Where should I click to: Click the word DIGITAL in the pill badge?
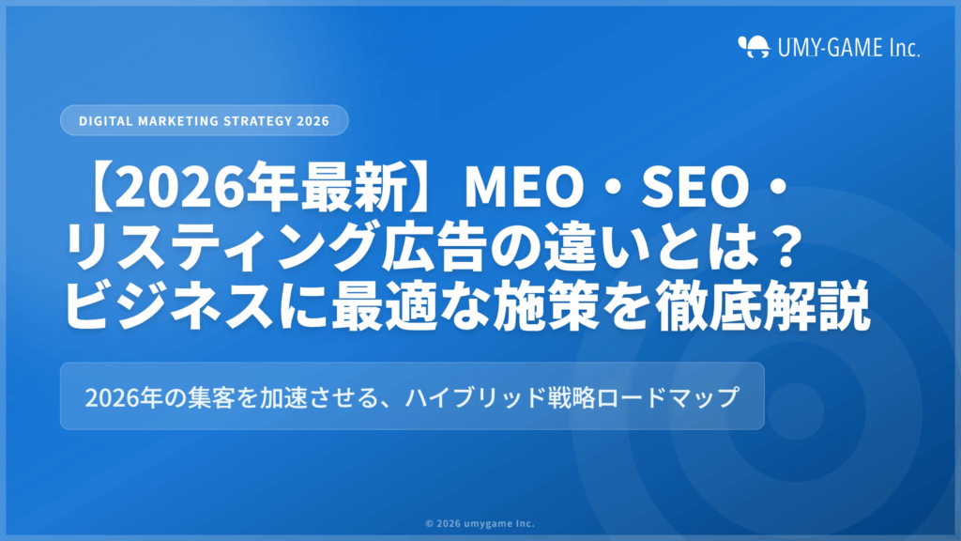click(103, 121)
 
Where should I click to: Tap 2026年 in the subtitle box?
click(118, 396)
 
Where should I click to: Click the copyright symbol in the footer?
click(429, 524)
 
